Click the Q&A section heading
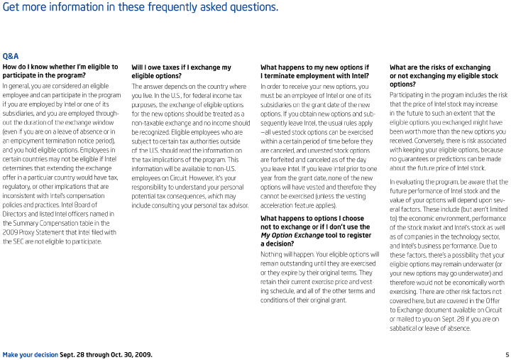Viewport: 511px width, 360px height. click(x=11, y=55)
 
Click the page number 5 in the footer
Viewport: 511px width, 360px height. click(x=507, y=354)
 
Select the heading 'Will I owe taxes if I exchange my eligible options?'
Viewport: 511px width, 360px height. click(x=181, y=72)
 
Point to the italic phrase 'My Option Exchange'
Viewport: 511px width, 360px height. click(x=292, y=235)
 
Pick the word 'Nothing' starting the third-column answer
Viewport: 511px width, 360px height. click(x=273, y=254)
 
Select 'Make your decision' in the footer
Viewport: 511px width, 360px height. click(x=30, y=354)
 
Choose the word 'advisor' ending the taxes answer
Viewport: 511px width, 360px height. click(x=237, y=205)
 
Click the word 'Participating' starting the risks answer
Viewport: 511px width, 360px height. click(x=410, y=95)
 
